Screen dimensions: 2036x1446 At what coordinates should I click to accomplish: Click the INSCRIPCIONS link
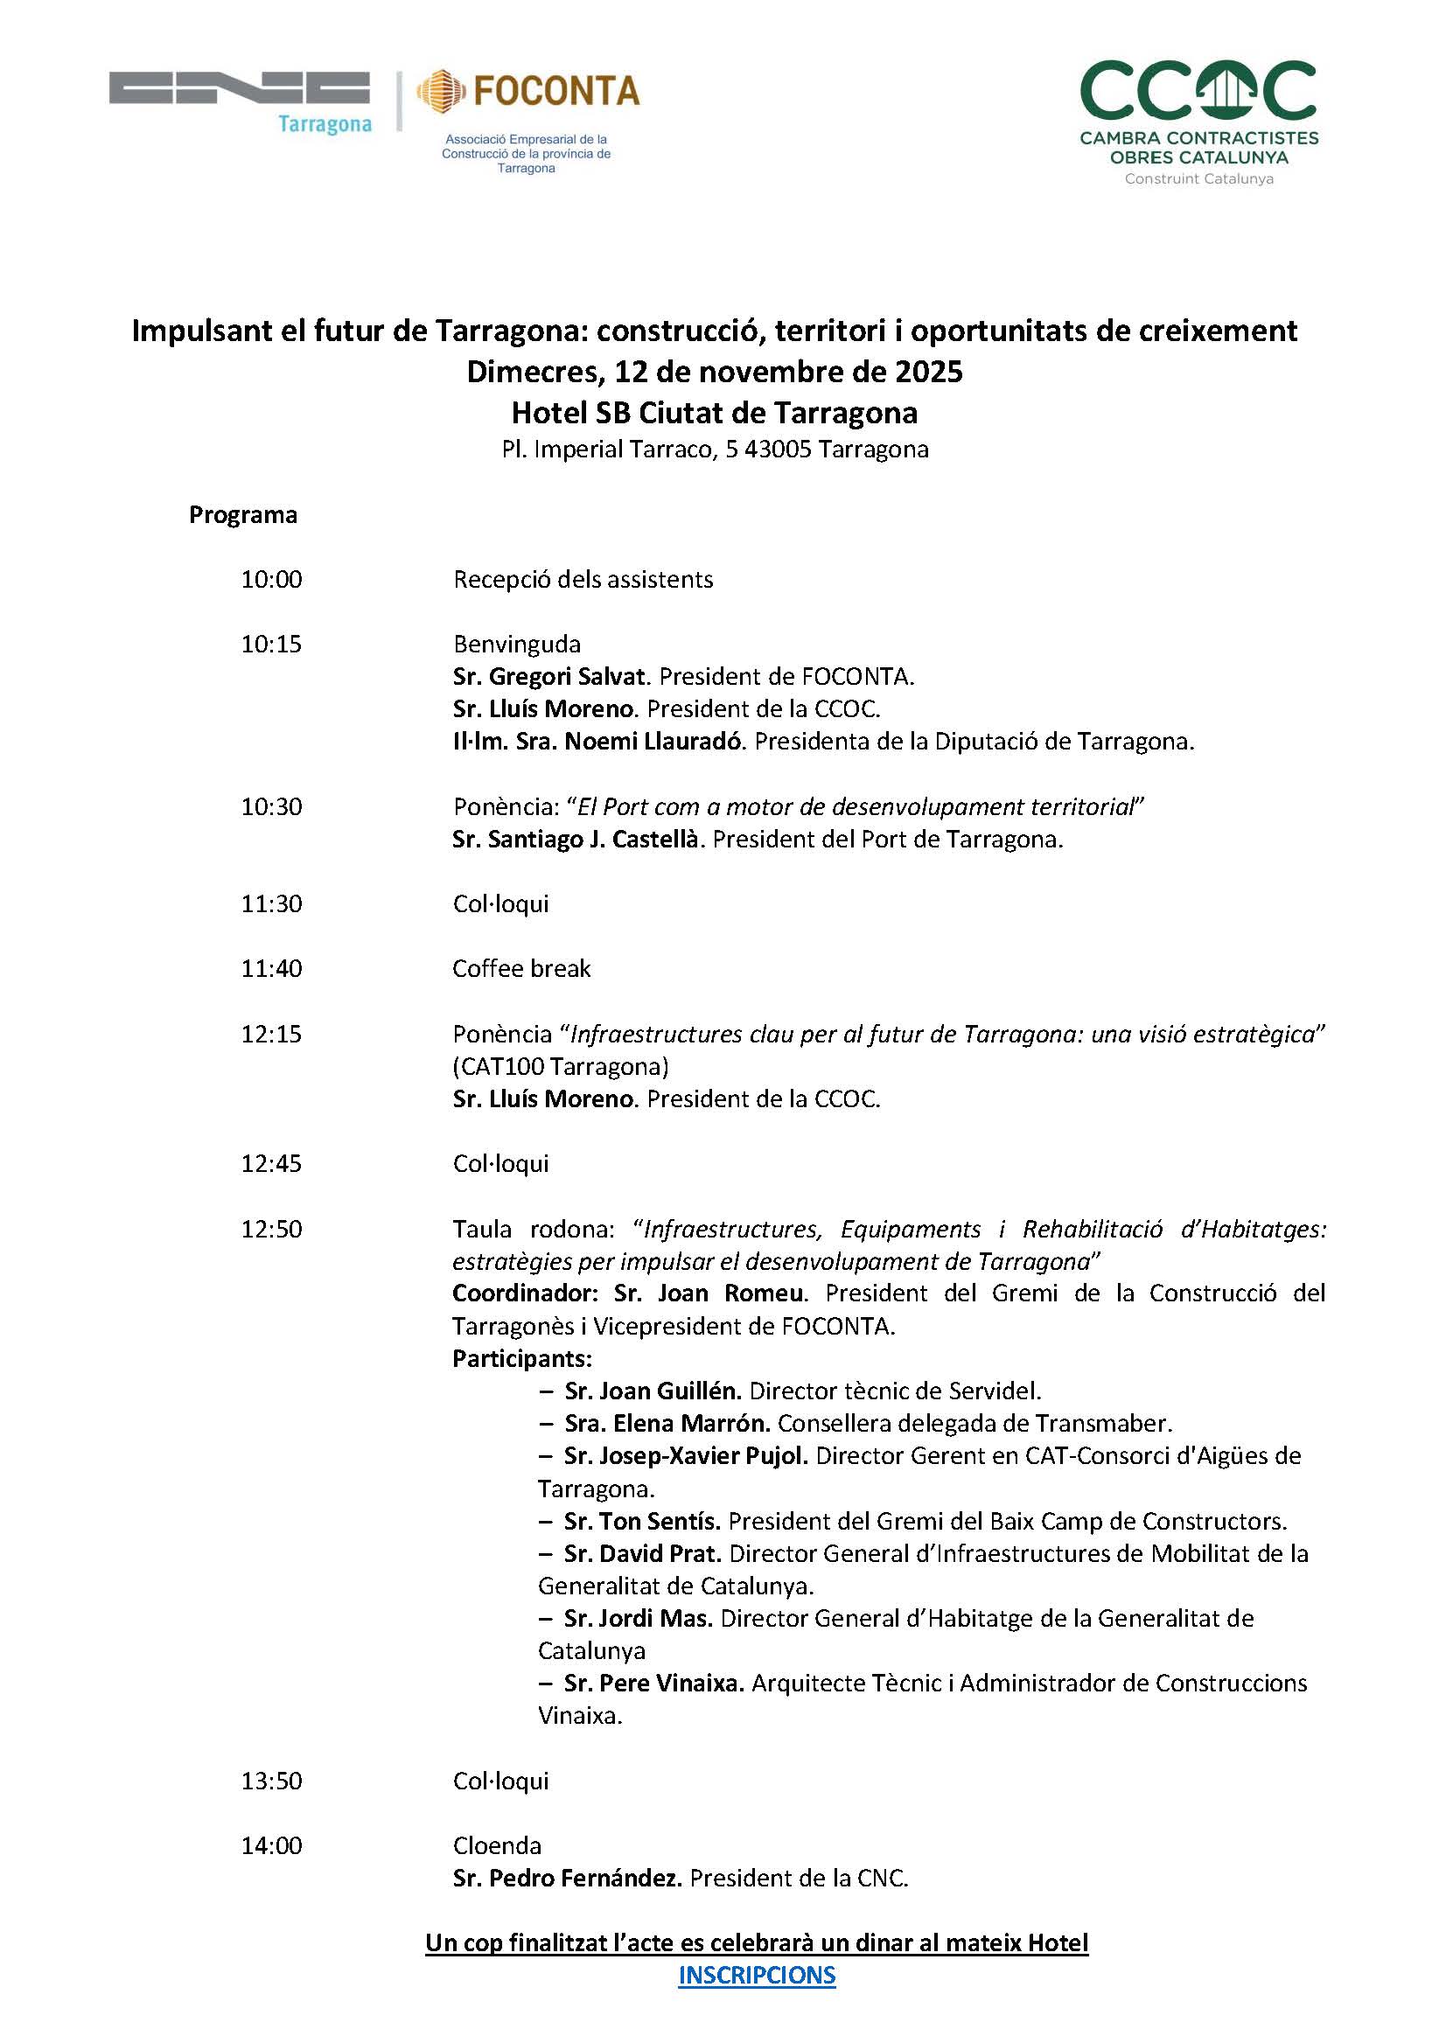pyautogui.click(x=757, y=1975)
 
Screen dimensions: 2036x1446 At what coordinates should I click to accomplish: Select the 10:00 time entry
pyautogui.click(x=271, y=580)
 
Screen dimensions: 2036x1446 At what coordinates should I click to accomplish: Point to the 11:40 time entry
pyautogui.click(x=271, y=969)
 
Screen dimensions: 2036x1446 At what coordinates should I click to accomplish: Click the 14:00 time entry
pyautogui.click(x=271, y=1845)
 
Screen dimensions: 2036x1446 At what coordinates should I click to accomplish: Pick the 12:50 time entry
pyautogui.click(x=271, y=1229)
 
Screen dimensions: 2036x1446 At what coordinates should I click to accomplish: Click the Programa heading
pyautogui.click(x=243, y=515)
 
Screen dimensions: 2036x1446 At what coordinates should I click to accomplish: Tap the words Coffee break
pyautogui.click(x=521, y=969)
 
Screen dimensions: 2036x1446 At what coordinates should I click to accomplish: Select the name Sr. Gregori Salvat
pyautogui.click(x=548, y=677)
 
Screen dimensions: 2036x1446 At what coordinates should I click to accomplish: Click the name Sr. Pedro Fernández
pyautogui.click(x=567, y=1879)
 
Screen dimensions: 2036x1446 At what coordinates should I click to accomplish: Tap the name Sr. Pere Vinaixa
pyautogui.click(x=653, y=1683)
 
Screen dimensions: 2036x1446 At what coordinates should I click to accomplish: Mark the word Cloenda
pyautogui.click(x=497, y=1845)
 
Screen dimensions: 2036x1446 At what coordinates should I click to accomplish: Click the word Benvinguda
pyautogui.click(x=516, y=645)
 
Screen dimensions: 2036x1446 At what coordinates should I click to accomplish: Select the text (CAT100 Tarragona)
pyautogui.click(x=561, y=1065)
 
